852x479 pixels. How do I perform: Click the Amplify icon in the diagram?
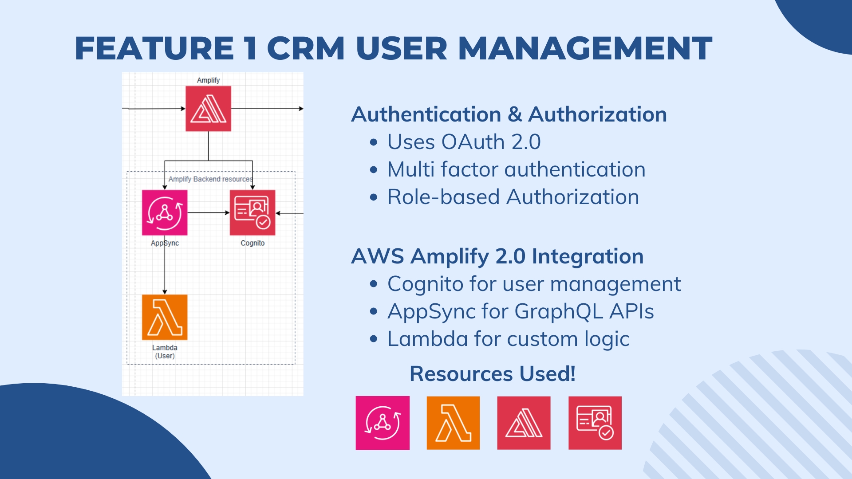[x=208, y=109]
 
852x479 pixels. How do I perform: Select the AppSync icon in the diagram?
[x=165, y=212]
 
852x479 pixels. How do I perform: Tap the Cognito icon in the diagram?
[x=252, y=212]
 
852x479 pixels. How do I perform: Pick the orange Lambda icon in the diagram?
[x=165, y=317]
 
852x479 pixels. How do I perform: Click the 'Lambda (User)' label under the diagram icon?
[x=165, y=352]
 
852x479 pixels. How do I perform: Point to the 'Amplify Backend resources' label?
[x=210, y=179]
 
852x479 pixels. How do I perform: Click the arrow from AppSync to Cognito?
[x=208, y=213]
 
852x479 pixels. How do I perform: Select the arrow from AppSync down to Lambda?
[x=165, y=271]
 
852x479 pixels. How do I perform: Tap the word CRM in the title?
[x=306, y=48]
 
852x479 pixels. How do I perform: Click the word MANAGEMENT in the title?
[x=585, y=48]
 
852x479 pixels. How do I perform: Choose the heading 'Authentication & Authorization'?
[x=509, y=114]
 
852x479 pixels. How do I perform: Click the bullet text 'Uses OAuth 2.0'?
[x=464, y=142]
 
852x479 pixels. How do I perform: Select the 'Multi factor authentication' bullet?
[x=516, y=169]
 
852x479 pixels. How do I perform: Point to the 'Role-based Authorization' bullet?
[x=513, y=197]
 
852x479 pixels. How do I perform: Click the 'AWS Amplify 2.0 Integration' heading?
[x=497, y=256]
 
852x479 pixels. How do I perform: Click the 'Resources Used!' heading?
[x=492, y=373]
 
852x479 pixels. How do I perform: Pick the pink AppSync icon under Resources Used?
[x=383, y=423]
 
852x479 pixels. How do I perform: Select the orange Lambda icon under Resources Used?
[x=453, y=423]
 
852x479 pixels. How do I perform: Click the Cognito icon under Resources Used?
[x=595, y=423]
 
